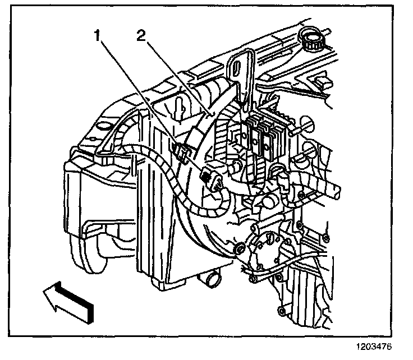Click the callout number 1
[x=97, y=36]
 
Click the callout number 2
[x=141, y=36]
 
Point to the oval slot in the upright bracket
[x=238, y=67]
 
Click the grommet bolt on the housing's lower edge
[x=238, y=248]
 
